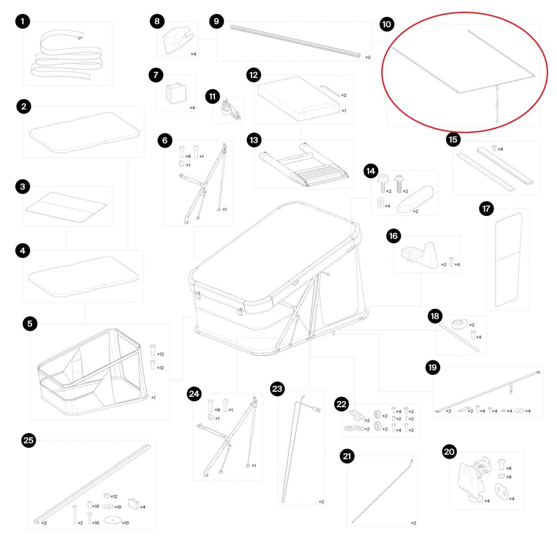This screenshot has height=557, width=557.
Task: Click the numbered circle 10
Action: pyautogui.click(x=387, y=24)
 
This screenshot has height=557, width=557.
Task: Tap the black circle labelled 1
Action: pyautogui.click(x=23, y=21)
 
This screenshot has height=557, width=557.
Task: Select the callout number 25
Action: pyautogui.click(x=28, y=440)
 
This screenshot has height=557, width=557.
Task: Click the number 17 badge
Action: pyautogui.click(x=486, y=209)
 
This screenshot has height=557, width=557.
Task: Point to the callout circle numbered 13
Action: pyautogui.click(x=254, y=140)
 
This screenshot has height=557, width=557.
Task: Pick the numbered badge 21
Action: pyautogui.click(x=347, y=456)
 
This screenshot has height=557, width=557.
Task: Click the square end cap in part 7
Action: pyautogui.click(x=176, y=93)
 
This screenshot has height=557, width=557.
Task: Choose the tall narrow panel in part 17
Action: pyautogui.click(x=508, y=259)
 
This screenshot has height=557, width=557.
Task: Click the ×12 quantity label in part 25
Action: pyautogui.click(x=114, y=497)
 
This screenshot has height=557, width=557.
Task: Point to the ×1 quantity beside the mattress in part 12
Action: pyautogui.click(x=343, y=111)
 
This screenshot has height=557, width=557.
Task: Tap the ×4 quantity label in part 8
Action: pyautogui.click(x=194, y=54)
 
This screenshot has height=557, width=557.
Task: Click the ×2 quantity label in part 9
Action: pyautogui.click(x=368, y=58)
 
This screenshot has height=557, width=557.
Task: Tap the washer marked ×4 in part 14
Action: pyautogui.click(x=381, y=203)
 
